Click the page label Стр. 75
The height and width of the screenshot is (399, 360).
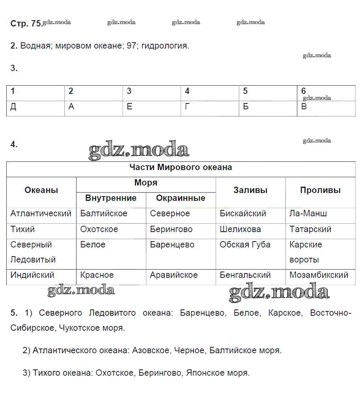26,24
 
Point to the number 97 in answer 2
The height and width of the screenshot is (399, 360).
131,46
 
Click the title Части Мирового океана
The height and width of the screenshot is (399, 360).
181,167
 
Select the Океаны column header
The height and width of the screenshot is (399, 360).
41,190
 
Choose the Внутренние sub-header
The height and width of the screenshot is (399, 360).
111,198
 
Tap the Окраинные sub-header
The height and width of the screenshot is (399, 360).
181,198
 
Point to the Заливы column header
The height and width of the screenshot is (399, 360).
250,190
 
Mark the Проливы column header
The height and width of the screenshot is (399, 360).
320,190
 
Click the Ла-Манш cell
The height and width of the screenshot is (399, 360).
308,214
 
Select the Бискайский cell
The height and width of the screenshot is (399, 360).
243,214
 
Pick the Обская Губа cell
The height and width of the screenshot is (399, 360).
245,245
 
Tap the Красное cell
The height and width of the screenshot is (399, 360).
97,275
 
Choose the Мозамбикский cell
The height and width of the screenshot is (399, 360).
319,275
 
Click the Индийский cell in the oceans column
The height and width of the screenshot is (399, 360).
32,275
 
